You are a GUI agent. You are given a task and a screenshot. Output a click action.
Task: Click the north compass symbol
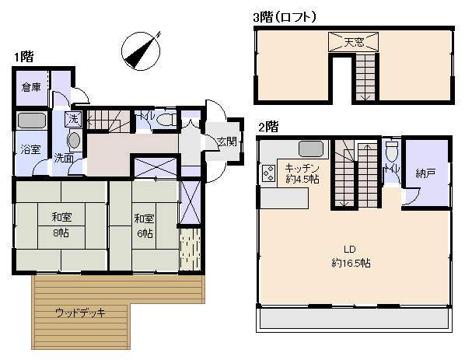(x=142, y=51)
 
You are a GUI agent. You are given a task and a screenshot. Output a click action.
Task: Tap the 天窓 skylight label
(x=354, y=42)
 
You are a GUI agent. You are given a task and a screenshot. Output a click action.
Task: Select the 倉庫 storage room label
(x=31, y=87)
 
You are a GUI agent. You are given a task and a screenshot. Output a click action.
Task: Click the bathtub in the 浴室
(x=31, y=121)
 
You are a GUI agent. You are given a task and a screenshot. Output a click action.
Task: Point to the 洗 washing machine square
(x=73, y=119)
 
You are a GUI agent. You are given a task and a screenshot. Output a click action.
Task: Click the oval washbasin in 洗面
(x=74, y=140)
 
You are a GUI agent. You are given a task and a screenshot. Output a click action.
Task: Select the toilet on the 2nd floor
(x=392, y=151)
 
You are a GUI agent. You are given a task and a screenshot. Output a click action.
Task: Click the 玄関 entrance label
(x=227, y=142)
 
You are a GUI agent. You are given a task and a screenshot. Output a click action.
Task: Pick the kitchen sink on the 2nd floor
(x=311, y=149)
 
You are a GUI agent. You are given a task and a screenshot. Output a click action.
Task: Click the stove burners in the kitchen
(x=269, y=173)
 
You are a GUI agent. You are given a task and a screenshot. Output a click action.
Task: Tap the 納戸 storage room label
(x=425, y=173)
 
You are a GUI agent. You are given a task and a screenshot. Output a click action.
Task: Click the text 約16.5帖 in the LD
(x=351, y=263)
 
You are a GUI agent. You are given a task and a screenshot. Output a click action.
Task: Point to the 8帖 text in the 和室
(x=61, y=232)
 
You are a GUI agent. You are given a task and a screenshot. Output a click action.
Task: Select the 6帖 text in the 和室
(x=145, y=234)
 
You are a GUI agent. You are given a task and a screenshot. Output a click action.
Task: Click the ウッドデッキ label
(x=80, y=313)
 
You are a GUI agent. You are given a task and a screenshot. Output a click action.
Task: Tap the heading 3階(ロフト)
(x=285, y=17)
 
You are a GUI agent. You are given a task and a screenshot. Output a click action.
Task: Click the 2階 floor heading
(x=269, y=128)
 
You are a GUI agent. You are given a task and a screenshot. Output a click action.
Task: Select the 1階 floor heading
(x=24, y=57)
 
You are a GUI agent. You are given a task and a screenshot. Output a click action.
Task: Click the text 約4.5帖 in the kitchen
(x=302, y=179)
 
